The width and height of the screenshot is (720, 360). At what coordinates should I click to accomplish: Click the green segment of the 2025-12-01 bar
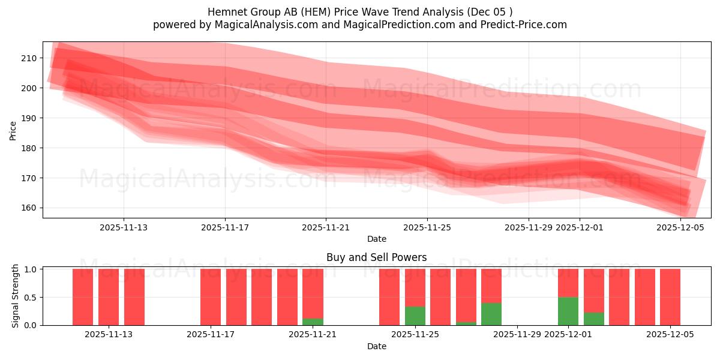pyautogui.click(x=568, y=311)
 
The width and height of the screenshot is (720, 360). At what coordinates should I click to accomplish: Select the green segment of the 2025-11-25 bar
pyautogui.click(x=415, y=316)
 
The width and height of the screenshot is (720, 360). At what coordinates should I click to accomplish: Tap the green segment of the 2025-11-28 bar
pyautogui.click(x=491, y=314)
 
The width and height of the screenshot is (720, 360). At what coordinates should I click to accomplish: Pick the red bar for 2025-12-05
pyautogui.click(x=670, y=297)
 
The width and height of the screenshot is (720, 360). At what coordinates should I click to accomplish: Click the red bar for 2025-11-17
pyautogui.click(x=211, y=297)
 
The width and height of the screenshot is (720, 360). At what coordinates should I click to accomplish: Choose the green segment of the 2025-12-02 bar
pyautogui.click(x=594, y=319)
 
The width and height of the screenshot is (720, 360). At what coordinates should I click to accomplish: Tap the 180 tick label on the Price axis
pyautogui.click(x=29, y=148)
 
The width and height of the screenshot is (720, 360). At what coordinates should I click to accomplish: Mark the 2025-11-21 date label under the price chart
pyautogui.click(x=326, y=227)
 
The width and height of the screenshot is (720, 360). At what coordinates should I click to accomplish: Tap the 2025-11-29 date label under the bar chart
pyautogui.click(x=517, y=335)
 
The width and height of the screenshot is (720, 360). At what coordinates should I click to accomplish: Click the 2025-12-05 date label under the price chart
pyautogui.click(x=680, y=227)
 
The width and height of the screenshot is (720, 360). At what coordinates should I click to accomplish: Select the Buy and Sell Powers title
pyautogui.click(x=377, y=257)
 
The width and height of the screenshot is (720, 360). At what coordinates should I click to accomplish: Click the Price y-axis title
pyautogui.click(x=13, y=130)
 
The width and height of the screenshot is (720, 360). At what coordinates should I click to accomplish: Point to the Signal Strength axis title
pyautogui.click(x=16, y=296)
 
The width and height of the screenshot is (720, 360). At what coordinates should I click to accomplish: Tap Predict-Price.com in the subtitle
pyautogui.click(x=528, y=25)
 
